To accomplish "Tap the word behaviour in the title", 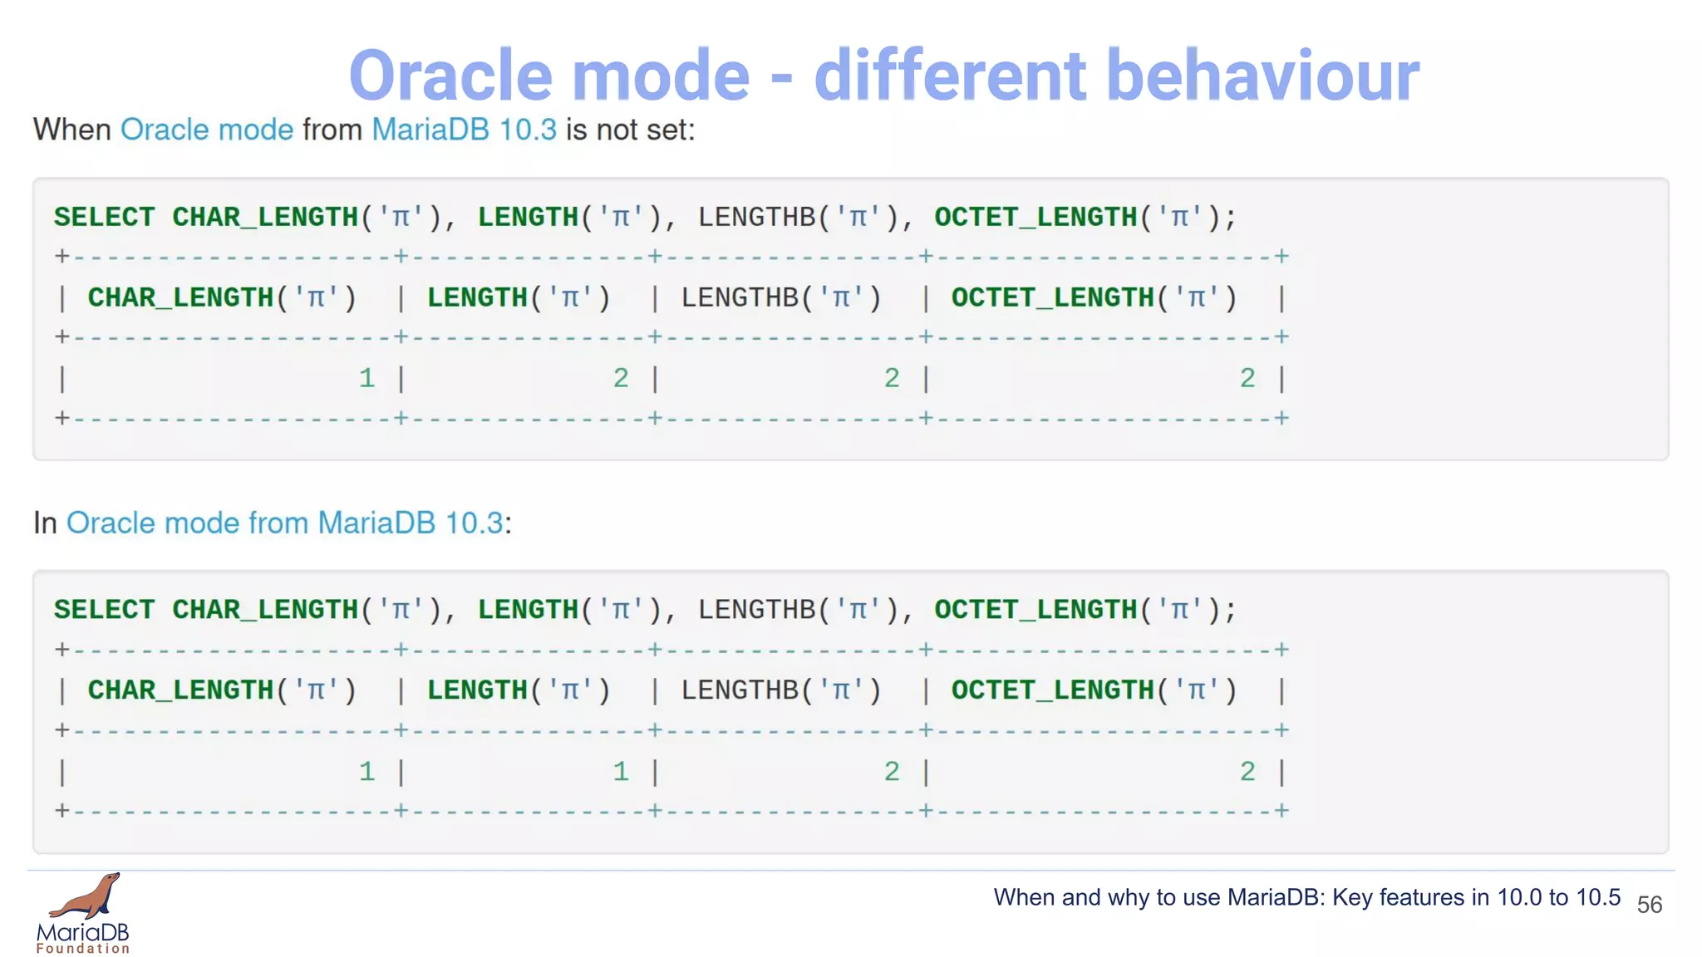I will (1262, 76).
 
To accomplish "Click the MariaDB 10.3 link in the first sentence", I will (464, 130).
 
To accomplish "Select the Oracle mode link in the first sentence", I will (207, 130).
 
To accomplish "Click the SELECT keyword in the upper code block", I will (104, 218).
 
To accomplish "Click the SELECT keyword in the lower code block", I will (104, 610).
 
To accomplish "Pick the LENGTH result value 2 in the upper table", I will (621, 379).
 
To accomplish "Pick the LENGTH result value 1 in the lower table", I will (621, 772).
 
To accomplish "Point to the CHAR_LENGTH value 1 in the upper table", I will (366, 379).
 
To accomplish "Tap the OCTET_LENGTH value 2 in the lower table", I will (1247, 772).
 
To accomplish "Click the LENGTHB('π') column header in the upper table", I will (781, 297).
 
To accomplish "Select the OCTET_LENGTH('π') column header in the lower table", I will (1094, 690).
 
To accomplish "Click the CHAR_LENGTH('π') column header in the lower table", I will (222, 690).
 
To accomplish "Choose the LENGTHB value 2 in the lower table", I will (892, 772).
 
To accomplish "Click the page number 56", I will (1649, 905).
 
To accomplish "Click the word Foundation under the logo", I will (83, 949).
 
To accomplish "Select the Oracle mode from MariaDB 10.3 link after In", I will (285, 523).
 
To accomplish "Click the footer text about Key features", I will (1306, 898).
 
